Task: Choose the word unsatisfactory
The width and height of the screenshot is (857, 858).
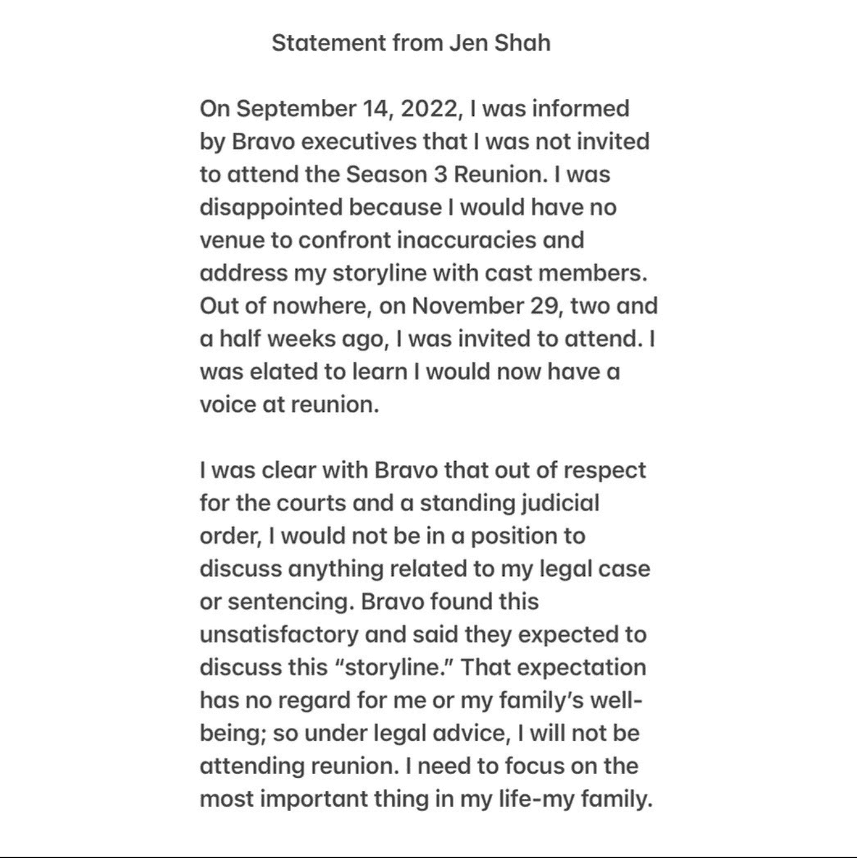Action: (x=279, y=635)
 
